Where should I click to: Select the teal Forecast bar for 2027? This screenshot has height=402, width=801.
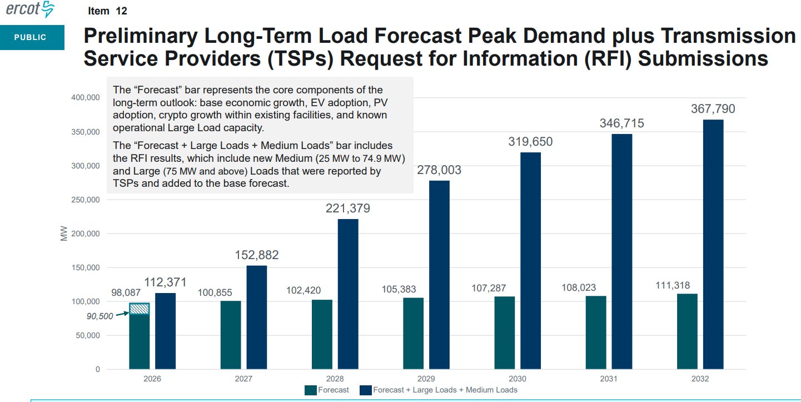(231, 335)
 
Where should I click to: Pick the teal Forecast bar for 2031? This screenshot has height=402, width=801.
(596, 332)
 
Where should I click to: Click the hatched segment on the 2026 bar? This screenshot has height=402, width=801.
(139, 309)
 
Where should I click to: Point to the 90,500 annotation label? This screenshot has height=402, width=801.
(100, 316)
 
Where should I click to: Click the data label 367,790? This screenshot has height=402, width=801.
(713, 109)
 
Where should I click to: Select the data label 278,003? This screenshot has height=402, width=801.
(439, 170)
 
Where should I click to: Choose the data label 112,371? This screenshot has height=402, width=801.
(166, 282)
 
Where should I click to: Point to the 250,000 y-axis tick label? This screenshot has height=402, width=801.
(85, 200)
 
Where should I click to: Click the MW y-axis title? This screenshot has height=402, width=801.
(63, 234)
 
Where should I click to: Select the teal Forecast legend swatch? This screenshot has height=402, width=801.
(310, 390)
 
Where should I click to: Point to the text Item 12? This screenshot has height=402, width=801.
(107, 11)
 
